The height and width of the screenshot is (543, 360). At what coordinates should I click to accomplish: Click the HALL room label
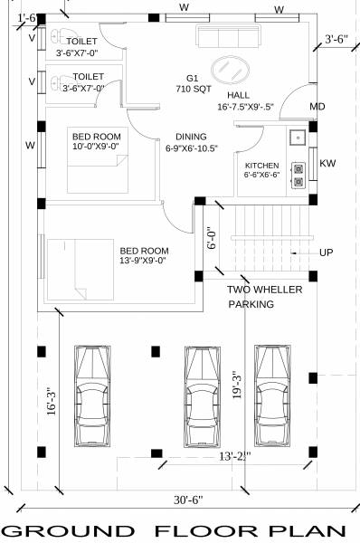(239, 94)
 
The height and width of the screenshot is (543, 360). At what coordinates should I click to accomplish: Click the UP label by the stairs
(327, 252)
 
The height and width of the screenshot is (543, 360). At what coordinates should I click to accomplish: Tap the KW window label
(328, 164)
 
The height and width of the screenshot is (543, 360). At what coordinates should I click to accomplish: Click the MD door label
(317, 108)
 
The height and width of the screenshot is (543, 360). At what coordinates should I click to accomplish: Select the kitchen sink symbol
(295, 139)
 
